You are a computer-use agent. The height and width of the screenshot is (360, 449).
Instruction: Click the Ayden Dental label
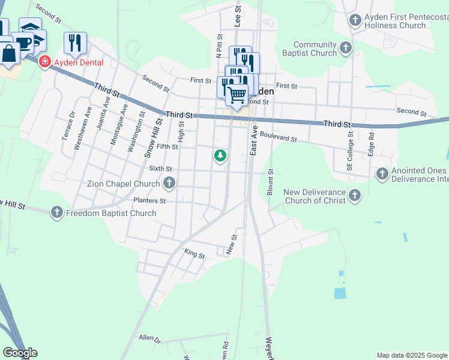[79, 62]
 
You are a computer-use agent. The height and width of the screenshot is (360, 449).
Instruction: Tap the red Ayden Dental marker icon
[44, 62]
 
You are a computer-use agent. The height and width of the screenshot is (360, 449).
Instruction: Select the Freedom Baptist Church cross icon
[57, 212]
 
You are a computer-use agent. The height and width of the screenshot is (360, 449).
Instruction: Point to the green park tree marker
[221, 157]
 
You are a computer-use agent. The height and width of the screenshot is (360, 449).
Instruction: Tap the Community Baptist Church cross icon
[346, 49]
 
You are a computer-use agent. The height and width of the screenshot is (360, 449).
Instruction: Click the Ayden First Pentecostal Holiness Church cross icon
[355, 21]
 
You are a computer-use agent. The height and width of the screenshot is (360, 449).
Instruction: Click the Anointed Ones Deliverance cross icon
[382, 174]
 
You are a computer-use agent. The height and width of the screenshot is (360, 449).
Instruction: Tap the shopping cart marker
[237, 94]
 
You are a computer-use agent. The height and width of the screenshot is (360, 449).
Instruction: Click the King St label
[194, 254]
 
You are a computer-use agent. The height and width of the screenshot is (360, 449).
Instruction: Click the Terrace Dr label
[67, 126]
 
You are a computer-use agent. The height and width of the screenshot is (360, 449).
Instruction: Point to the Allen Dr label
[149, 339]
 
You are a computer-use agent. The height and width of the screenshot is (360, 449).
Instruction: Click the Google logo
[20, 353]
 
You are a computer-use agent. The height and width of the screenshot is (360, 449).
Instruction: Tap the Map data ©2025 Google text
[412, 355]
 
